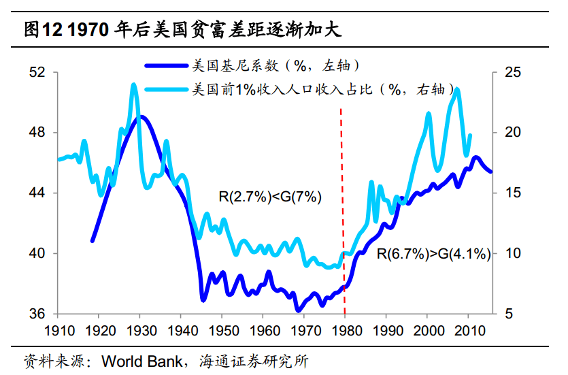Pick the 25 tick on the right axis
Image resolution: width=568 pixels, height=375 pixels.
510,71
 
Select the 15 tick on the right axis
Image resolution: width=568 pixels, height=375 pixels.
510,193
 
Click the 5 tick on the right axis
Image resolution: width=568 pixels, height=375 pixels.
507,314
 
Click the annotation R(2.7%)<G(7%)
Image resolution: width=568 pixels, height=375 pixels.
269,197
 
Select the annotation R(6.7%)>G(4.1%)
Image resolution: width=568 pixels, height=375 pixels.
433,255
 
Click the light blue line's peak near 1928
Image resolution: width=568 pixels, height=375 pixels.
133,86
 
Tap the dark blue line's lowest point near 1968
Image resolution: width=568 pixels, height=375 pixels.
298,310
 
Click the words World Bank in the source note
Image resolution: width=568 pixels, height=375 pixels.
141,360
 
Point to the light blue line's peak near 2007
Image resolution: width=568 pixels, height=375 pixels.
457,89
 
